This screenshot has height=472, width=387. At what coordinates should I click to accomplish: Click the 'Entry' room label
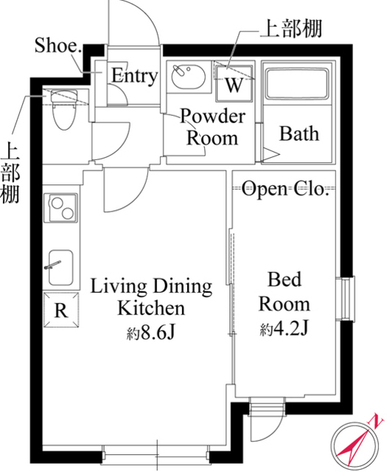point(134,75)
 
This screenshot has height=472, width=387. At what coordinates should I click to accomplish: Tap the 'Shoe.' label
point(57,46)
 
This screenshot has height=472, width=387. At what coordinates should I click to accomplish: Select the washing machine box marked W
point(234,83)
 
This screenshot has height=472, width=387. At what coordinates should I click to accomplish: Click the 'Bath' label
point(299,134)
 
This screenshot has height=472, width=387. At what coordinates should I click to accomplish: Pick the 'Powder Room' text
point(212,127)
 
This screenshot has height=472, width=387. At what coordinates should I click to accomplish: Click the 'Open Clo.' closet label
point(284,190)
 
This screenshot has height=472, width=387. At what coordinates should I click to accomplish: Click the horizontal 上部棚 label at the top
point(288,31)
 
